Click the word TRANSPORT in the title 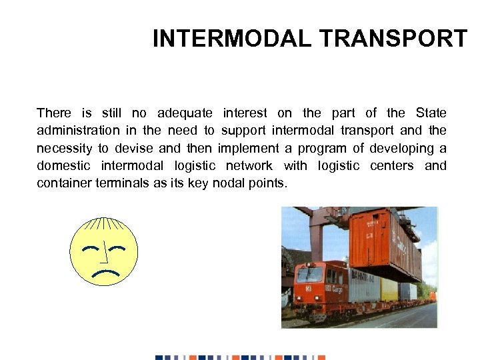(x=393, y=39)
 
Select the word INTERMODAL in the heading (x=232, y=39)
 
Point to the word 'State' (x=431, y=113)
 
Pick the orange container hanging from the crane (x=385, y=243)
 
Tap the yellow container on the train (x=389, y=289)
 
